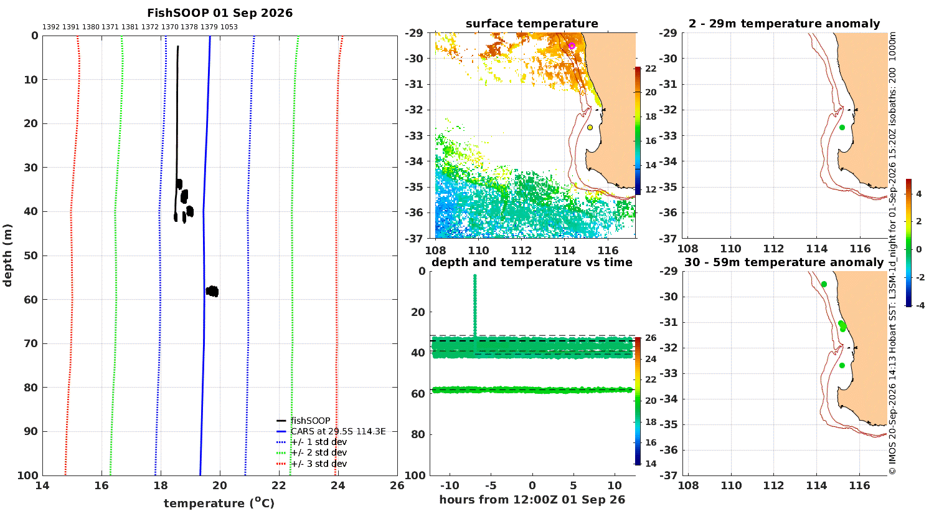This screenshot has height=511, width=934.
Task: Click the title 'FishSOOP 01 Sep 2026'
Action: (220, 13)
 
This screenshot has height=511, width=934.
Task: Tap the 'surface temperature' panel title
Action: (532, 23)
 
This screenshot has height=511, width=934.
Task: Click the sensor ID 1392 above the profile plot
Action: (51, 27)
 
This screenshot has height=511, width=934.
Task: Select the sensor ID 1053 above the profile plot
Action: (229, 27)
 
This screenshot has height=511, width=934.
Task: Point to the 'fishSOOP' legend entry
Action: (310, 421)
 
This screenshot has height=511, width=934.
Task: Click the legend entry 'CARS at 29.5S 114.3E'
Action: (338, 431)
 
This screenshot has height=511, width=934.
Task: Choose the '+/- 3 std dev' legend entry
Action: (319, 464)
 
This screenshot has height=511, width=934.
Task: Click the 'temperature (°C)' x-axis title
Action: (219, 503)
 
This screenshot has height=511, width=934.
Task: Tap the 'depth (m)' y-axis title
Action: (7, 255)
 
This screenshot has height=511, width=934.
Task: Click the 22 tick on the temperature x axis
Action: (279, 485)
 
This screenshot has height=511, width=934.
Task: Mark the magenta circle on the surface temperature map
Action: (572, 46)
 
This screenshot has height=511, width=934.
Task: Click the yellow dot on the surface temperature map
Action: (590, 127)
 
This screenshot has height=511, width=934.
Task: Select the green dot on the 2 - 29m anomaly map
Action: (842, 127)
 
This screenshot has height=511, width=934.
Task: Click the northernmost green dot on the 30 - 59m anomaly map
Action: (824, 284)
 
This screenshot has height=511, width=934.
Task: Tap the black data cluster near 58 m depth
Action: (212, 291)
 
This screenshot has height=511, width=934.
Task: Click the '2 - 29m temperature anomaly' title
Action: (785, 23)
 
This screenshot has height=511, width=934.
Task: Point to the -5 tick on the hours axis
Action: (491, 485)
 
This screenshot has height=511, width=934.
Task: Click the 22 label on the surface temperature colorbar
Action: (651, 69)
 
